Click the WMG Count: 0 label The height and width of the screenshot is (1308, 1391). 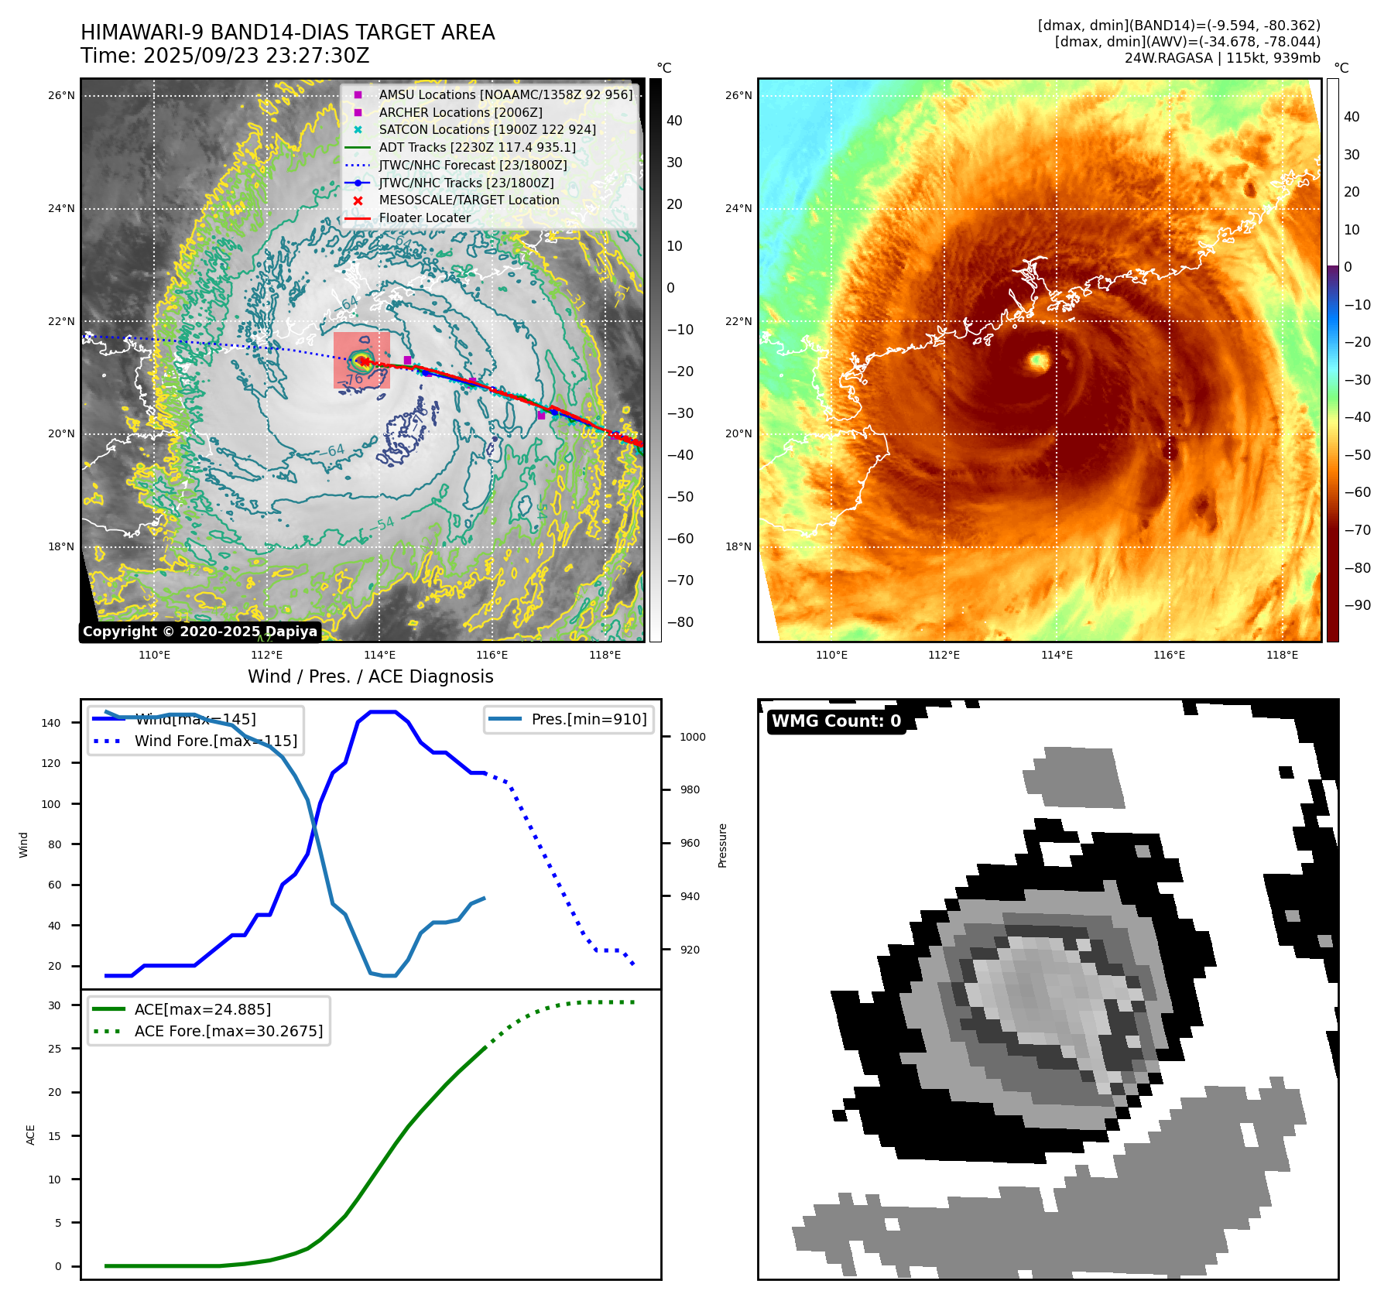click(x=836, y=721)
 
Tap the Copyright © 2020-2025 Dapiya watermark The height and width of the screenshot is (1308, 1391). click(x=200, y=632)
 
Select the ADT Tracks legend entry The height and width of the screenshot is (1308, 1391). click(x=477, y=147)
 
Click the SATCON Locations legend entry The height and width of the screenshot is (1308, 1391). click(x=487, y=130)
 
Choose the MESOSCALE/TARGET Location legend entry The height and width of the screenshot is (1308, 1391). click(x=468, y=200)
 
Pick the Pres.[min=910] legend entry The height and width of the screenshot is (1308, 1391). click(x=588, y=719)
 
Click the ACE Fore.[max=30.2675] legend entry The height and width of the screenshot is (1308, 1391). click(x=228, y=1031)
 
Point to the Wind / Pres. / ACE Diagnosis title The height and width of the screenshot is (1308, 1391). click(x=370, y=676)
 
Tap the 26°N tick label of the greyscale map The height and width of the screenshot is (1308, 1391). click(x=62, y=96)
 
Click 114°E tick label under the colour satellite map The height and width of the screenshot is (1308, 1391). click(x=1057, y=655)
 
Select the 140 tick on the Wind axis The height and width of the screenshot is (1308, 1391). click(x=51, y=723)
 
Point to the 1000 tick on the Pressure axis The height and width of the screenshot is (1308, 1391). click(x=693, y=737)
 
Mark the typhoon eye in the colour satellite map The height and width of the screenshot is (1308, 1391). click(x=1038, y=360)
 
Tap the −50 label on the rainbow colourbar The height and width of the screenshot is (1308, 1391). click(x=1357, y=455)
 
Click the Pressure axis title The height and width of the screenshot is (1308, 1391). click(x=722, y=845)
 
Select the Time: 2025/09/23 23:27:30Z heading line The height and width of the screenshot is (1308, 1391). click(x=225, y=56)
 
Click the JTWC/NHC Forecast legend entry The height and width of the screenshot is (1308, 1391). click(x=472, y=165)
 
